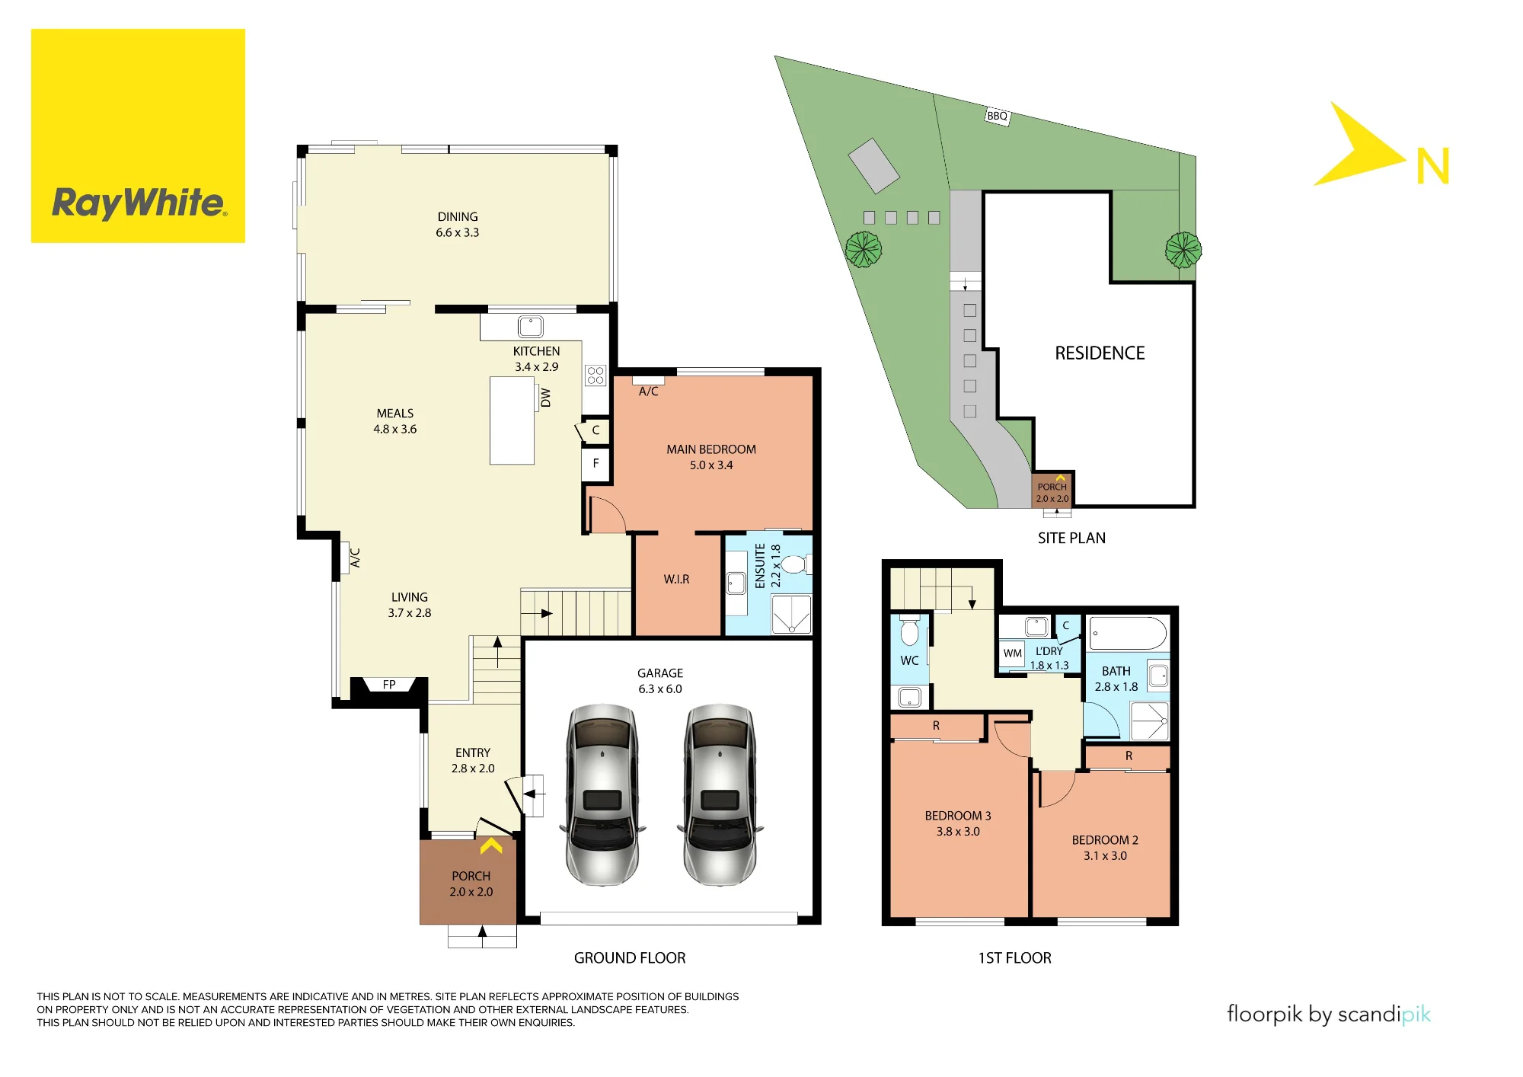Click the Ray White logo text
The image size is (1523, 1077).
(x=139, y=203)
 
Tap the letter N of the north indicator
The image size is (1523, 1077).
(x=1432, y=166)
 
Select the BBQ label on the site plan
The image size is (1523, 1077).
(x=997, y=116)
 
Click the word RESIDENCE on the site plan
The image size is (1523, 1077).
(x=1100, y=353)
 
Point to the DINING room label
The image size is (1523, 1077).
(x=458, y=217)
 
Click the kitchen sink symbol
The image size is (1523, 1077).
(x=531, y=327)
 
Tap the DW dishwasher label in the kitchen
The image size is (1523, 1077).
(x=545, y=398)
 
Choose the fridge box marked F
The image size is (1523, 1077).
(x=596, y=463)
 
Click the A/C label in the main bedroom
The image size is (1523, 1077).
(x=649, y=391)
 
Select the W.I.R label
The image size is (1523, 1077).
(x=676, y=580)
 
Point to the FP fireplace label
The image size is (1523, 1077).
(x=389, y=685)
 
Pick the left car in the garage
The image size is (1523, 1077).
(x=602, y=794)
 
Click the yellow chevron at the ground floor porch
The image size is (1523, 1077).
(x=491, y=845)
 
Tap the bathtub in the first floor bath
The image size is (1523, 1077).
(x=1128, y=634)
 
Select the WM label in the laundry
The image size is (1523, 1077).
(x=1012, y=654)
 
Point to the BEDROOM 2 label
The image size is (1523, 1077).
(x=1105, y=840)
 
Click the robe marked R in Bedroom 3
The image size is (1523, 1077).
(x=937, y=727)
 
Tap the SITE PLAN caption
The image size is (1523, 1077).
(x=1071, y=538)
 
